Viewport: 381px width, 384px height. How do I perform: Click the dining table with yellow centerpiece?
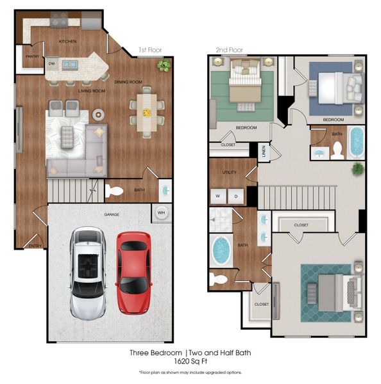tap(146, 113)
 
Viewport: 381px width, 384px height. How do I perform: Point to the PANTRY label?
tap(32, 56)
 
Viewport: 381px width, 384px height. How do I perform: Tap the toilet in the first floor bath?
tap(114, 190)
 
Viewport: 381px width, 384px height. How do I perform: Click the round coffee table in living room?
tap(98, 115)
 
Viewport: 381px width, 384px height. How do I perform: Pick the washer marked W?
tap(217, 196)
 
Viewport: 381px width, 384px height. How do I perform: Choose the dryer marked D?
tap(236, 196)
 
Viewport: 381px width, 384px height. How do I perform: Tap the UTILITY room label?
tap(230, 173)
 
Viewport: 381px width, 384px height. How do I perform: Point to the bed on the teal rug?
tap(333, 291)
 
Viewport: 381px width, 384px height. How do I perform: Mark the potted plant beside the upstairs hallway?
tap(357, 168)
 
